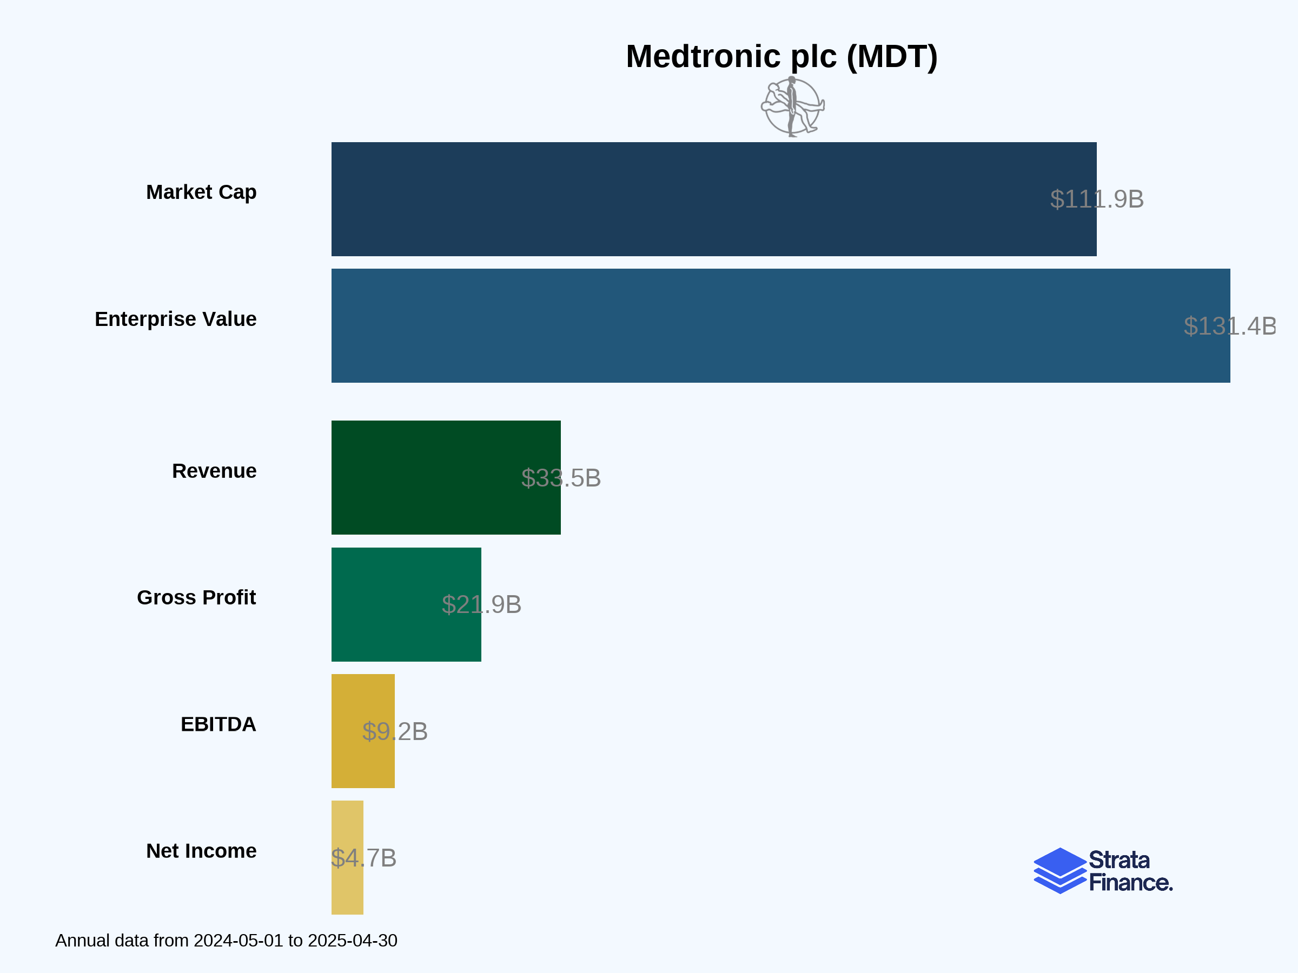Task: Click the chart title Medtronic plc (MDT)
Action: pyautogui.click(x=782, y=57)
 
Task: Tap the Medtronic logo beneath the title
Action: pyautogui.click(x=793, y=108)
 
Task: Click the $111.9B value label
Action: pyautogui.click(x=1097, y=199)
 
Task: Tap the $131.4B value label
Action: pyautogui.click(x=1230, y=326)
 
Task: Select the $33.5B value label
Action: pyautogui.click(x=561, y=478)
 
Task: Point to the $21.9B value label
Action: pyautogui.click(x=481, y=605)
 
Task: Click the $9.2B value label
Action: pyautogui.click(x=395, y=731)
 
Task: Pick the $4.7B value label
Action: pyautogui.click(x=364, y=858)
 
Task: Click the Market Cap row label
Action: pyautogui.click(x=201, y=192)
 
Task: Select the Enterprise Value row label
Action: pyautogui.click(x=175, y=319)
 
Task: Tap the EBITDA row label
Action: pyautogui.click(x=218, y=724)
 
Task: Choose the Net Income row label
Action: pyautogui.click(x=201, y=851)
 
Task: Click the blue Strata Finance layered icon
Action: pyautogui.click(x=1059, y=870)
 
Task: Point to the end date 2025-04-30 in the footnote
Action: pyautogui.click(x=353, y=941)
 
